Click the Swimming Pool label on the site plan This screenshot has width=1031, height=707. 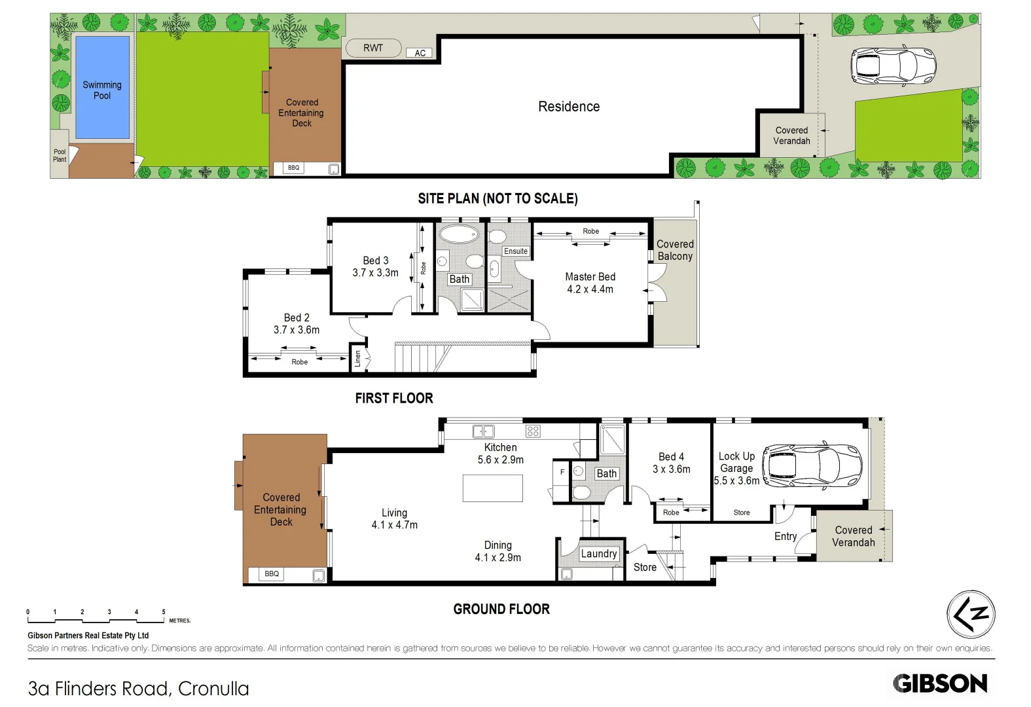click(x=101, y=90)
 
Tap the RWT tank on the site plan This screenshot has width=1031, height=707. click(x=373, y=48)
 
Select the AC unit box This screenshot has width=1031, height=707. click(x=420, y=53)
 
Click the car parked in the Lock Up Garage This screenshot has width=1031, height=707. click(x=812, y=465)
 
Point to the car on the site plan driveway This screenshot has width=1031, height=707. click(x=893, y=65)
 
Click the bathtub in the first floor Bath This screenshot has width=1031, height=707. click(x=459, y=234)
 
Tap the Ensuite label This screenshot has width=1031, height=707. click(x=516, y=251)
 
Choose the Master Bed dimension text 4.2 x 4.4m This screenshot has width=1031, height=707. click(x=590, y=289)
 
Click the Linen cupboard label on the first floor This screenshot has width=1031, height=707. click(x=357, y=359)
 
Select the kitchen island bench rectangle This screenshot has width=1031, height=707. click(x=492, y=488)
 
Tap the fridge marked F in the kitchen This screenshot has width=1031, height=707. click(x=562, y=472)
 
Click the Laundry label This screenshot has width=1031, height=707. click(x=598, y=554)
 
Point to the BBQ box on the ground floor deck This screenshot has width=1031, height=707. click(x=272, y=573)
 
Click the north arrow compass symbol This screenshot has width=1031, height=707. click(x=971, y=614)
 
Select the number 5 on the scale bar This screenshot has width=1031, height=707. click(x=164, y=611)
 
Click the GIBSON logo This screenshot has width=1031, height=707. click(x=940, y=683)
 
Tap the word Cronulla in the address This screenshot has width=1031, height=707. click(x=213, y=689)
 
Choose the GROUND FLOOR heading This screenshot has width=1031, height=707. click(x=501, y=609)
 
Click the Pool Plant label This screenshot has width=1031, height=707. click(x=60, y=156)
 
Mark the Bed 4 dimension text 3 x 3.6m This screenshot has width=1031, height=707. click(x=671, y=469)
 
